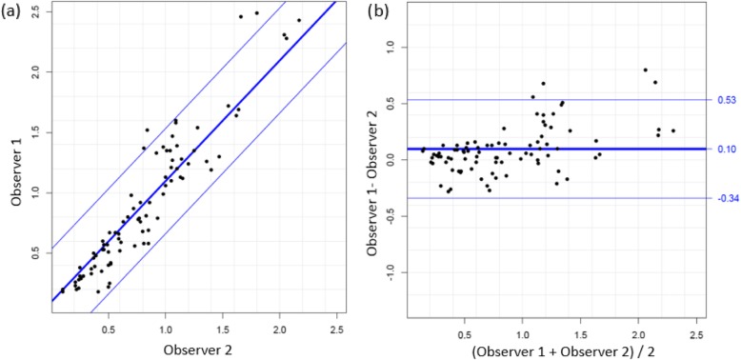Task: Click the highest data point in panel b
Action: click(645, 70)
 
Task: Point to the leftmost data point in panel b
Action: click(423, 149)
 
